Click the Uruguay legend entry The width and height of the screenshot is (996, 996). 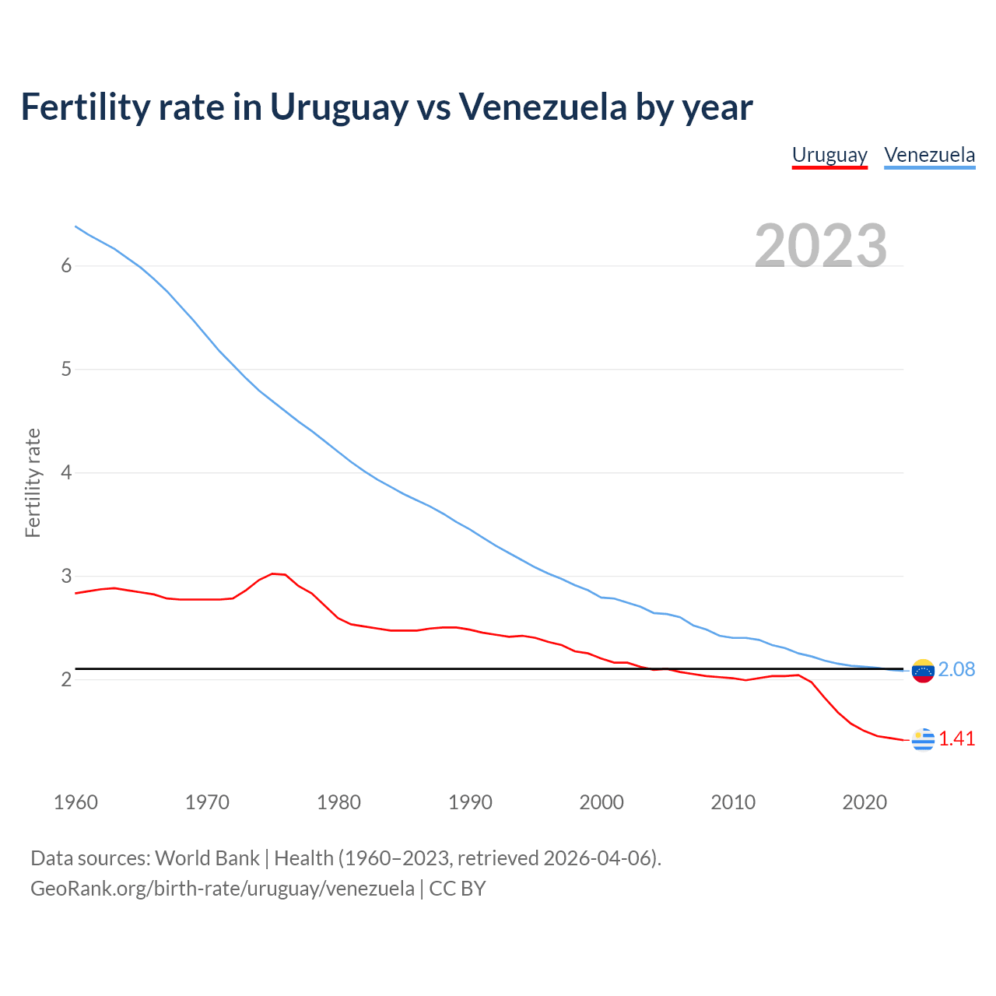pyautogui.click(x=829, y=155)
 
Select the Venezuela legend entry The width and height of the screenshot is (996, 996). pyautogui.click(x=929, y=155)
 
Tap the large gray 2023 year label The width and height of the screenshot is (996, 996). pyautogui.click(x=821, y=246)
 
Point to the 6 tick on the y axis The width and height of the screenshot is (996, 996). pyautogui.click(x=66, y=266)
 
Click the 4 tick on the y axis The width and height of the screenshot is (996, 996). pyautogui.click(x=66, y=472)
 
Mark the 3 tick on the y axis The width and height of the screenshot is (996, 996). pyautogui.click(x=66, y=576)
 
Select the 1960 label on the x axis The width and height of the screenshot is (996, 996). pyautogui.click(x=75, y=802)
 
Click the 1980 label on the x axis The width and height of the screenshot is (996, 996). pyautogui.click(x=338, y=802)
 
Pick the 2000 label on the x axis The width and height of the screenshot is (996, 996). pyautogui.click(x=601, y=802)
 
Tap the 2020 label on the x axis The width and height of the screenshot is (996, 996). pyautogui.click(x=864, y=802)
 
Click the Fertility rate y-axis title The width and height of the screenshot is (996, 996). pyautogui.click(x=33, y=482)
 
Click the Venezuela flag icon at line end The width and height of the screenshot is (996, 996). pyautogui.click(x=923, y=670)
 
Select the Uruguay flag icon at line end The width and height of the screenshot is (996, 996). pyautogui.click(x=923, y=739)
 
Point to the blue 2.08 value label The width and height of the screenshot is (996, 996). pyautogui.click(x=956, y=670)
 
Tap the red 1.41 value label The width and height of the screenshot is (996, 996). pyautogui.click(x=956, y=739)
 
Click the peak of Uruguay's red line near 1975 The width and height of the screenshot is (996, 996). pyautogui.click(x=273, y=573)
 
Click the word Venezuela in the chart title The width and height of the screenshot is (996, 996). pyautogui.click(x=542, y=107)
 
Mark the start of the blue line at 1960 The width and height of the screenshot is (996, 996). pyautogui.click(x=75, y=226)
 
